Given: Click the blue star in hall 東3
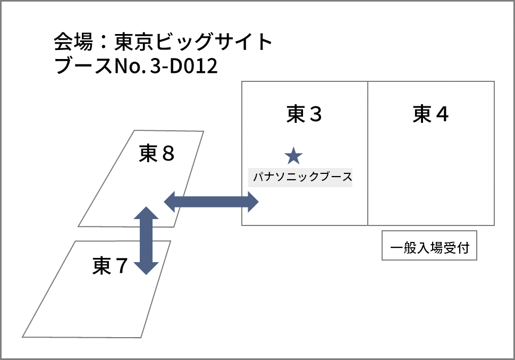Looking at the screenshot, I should coord(293,156).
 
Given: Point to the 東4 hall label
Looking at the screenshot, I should coord(430,114).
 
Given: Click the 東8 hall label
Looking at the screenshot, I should coord(157,154).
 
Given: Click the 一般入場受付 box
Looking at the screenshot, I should coord(429,248).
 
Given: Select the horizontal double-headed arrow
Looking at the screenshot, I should coord(211,202).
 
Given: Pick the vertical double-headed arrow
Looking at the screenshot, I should coord(146,240).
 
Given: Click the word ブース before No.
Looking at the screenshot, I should coord(80,68).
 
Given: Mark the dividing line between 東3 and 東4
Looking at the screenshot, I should coord(368,153).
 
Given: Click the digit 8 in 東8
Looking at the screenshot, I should coord(167,154).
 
